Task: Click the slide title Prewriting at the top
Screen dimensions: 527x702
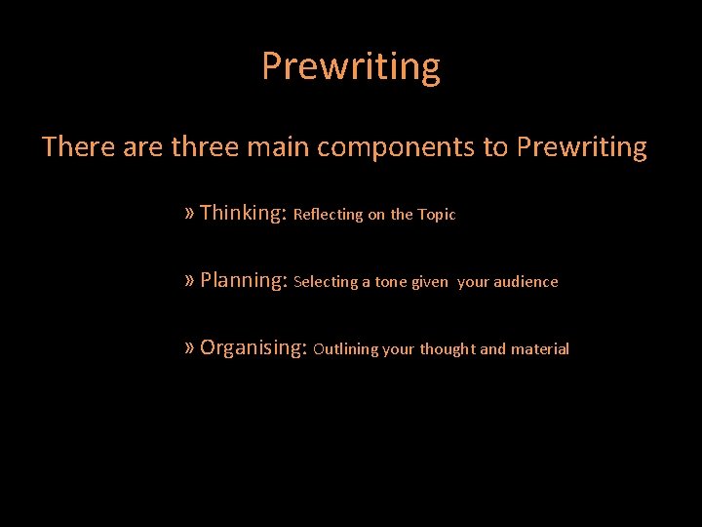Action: [x=350, y=67]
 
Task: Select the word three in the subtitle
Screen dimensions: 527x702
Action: [x=202, y=147]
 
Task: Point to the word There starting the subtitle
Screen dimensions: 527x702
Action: [x=78, y=147]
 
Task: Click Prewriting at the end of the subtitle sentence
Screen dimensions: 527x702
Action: [x=581, y=147]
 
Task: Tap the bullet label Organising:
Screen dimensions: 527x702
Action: [x=253, y=347]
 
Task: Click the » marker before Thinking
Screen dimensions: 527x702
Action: [x=189, y=213]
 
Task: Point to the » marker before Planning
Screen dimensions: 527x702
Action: [x=189, y=280]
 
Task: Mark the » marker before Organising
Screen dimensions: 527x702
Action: [x=189, y=347]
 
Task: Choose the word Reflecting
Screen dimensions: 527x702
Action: [x=328, y=215]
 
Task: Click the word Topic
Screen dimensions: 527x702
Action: [x=437, y=215]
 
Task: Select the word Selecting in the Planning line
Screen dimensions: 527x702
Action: [x=326, y=282]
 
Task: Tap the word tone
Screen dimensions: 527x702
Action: [x=391, y=282]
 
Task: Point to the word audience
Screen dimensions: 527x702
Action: [x=526, y=282]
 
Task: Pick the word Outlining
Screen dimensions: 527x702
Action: [x=346, y=349]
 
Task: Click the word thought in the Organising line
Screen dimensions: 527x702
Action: [x=448, y=349]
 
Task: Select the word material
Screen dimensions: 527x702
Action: [x=540, y=349]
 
